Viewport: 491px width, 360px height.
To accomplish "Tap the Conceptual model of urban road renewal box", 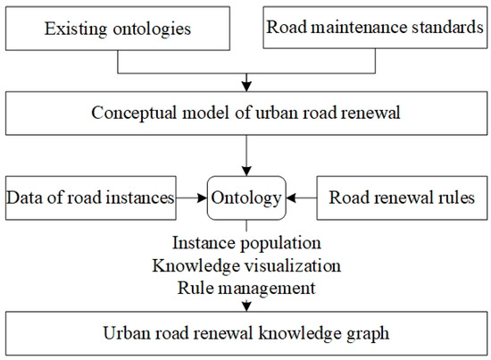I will (245, 113).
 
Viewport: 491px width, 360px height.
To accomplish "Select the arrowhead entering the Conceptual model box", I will (245, 85).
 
